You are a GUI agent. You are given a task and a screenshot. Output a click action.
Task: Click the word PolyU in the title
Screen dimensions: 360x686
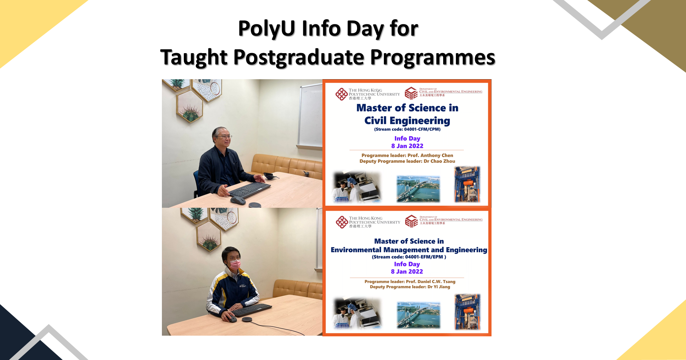point(267,28)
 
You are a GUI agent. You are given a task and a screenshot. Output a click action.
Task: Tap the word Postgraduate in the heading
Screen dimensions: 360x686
point(298,57)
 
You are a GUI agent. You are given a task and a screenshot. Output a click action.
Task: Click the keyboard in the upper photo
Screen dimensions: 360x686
point(249,190)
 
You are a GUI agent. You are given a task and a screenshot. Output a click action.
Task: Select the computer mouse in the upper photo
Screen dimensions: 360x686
point(237,200)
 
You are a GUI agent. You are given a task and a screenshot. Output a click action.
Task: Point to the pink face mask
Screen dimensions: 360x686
point(235,264)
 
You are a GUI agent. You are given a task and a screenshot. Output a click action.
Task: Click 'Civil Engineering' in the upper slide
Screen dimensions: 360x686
point(407,121)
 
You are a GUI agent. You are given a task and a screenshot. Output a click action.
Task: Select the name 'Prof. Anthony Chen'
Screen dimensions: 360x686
point(430,155)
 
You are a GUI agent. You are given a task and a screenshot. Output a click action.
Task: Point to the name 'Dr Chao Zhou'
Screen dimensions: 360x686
point(439,161)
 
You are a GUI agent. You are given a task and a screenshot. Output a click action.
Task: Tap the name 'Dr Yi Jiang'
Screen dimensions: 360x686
point(439,287)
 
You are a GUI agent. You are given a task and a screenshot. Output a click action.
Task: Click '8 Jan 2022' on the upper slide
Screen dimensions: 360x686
point(407,146)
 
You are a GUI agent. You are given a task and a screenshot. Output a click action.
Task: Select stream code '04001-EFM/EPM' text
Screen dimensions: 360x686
point(424,257)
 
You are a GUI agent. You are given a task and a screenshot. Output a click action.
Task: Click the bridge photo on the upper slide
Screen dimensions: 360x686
point(418,189)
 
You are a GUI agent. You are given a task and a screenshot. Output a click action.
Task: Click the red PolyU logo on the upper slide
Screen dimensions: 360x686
point(341,94)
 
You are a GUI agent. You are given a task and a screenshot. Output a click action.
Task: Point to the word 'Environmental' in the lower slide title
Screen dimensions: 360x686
point(356,250)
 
